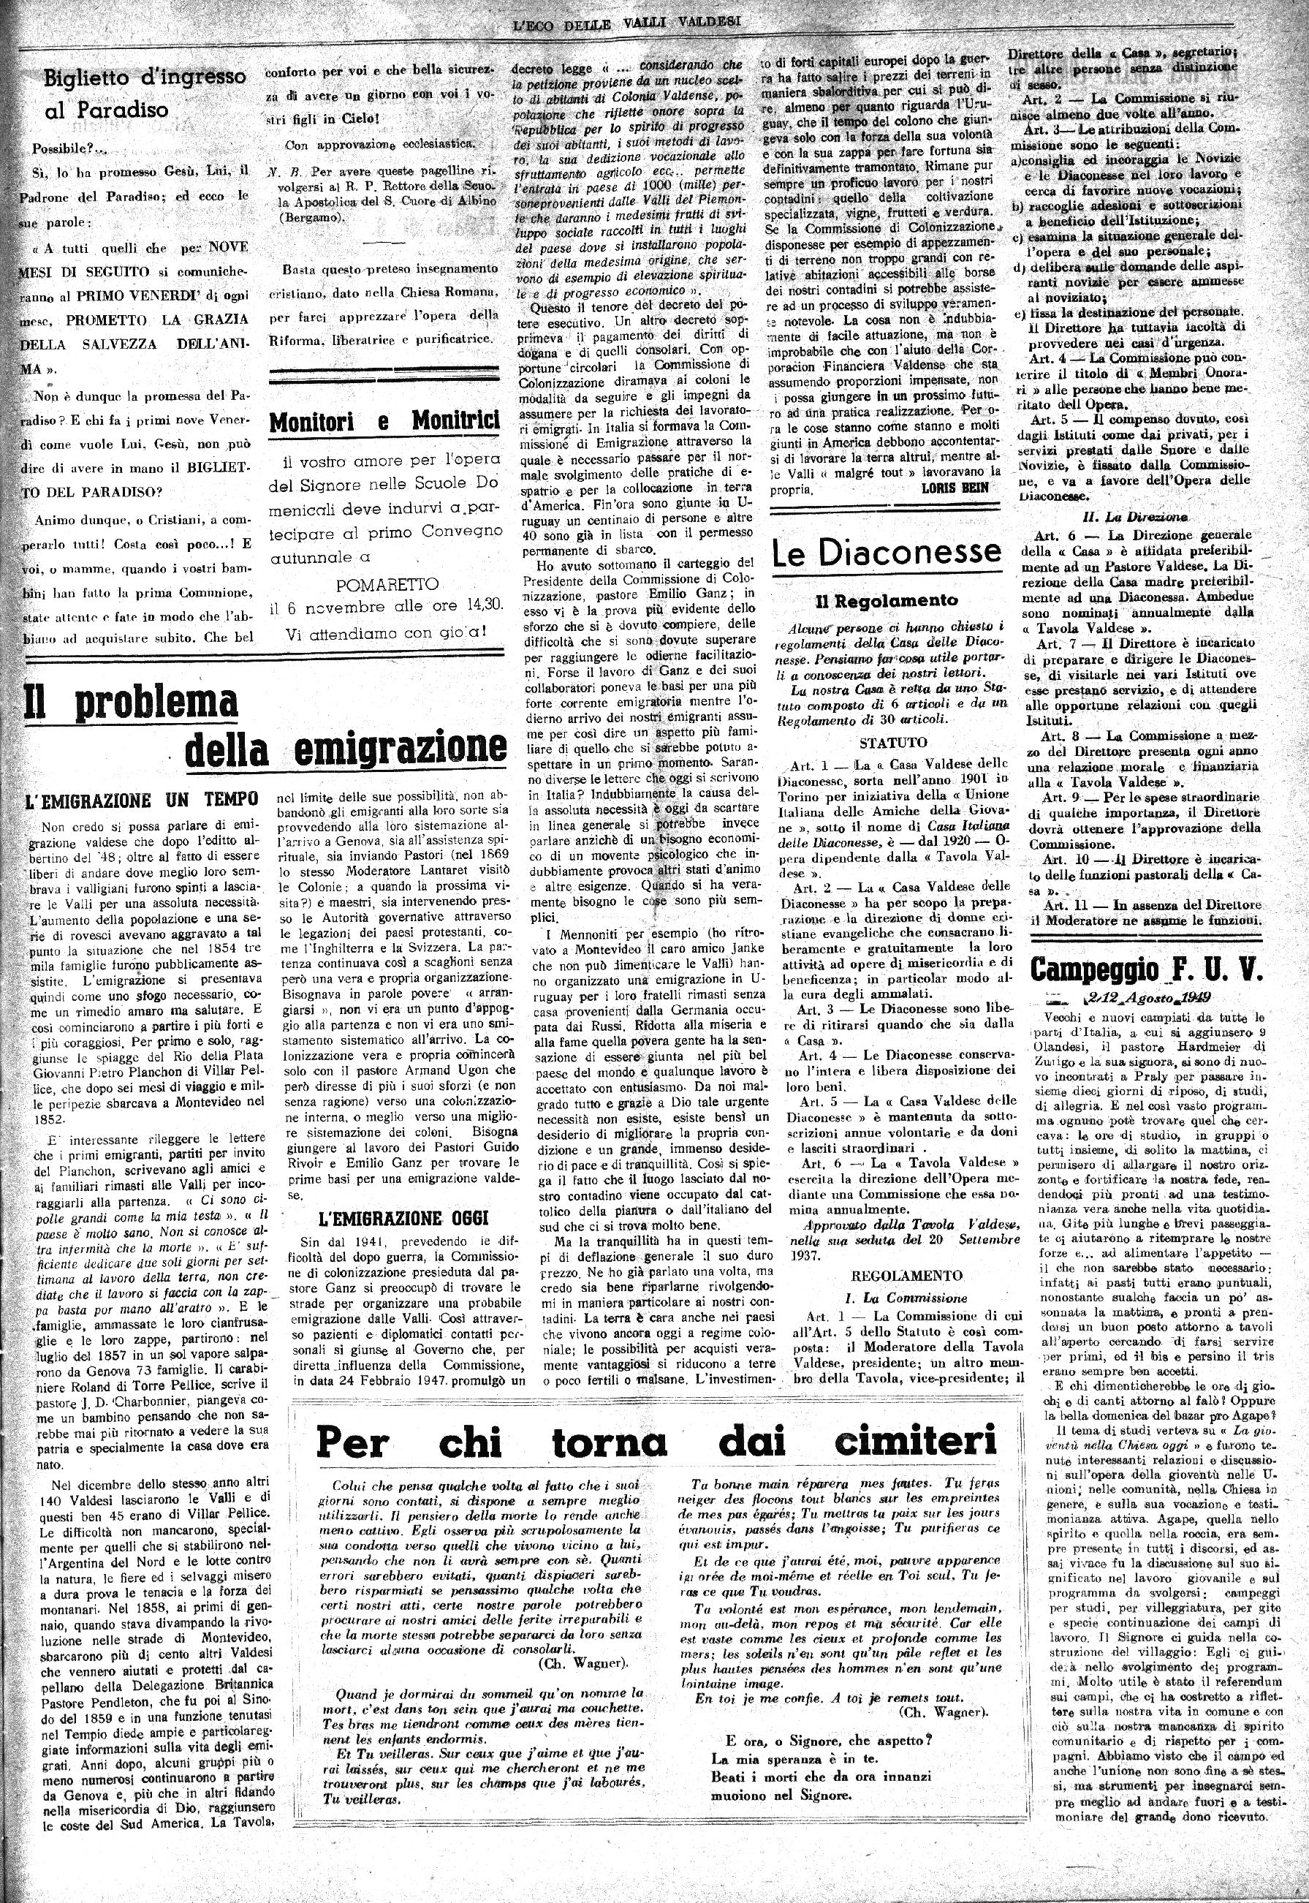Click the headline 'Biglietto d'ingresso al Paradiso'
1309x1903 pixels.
click(143, 93)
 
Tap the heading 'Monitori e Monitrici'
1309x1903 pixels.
click(384, 422)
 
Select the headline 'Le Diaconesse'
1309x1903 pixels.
click(886, 553)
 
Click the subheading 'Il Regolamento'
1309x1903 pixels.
click(886, 600)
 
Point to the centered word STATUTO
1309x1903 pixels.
click(893, 744)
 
